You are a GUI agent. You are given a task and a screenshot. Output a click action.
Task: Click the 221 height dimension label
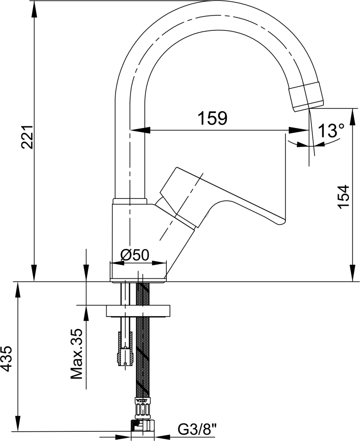pyautogui.click(x=28, y=137)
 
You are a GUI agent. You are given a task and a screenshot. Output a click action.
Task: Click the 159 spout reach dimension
pyautogui.click(x=212, y=118)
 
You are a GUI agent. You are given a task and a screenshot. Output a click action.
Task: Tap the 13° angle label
pyautogui.click(x=331, y=131)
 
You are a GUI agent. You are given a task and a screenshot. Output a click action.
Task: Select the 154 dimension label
pyautogui.click(x=343, y=196)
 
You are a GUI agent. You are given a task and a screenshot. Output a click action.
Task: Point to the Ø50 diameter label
pyautogui.click(x=135, y=255)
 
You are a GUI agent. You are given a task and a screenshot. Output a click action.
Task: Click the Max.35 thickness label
pyautogui.click(x=76, y=354)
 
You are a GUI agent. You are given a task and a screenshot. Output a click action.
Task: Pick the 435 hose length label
pyautogui.click(x=6, y=359)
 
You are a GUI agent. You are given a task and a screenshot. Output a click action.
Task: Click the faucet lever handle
pyautogui.click(x=222, y=197)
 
